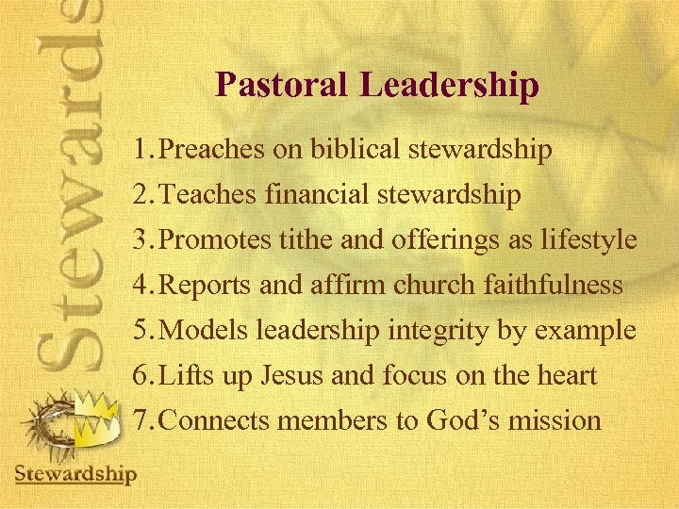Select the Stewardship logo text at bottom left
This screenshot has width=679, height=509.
(75, 473)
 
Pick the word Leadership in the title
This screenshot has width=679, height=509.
(448, 85)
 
